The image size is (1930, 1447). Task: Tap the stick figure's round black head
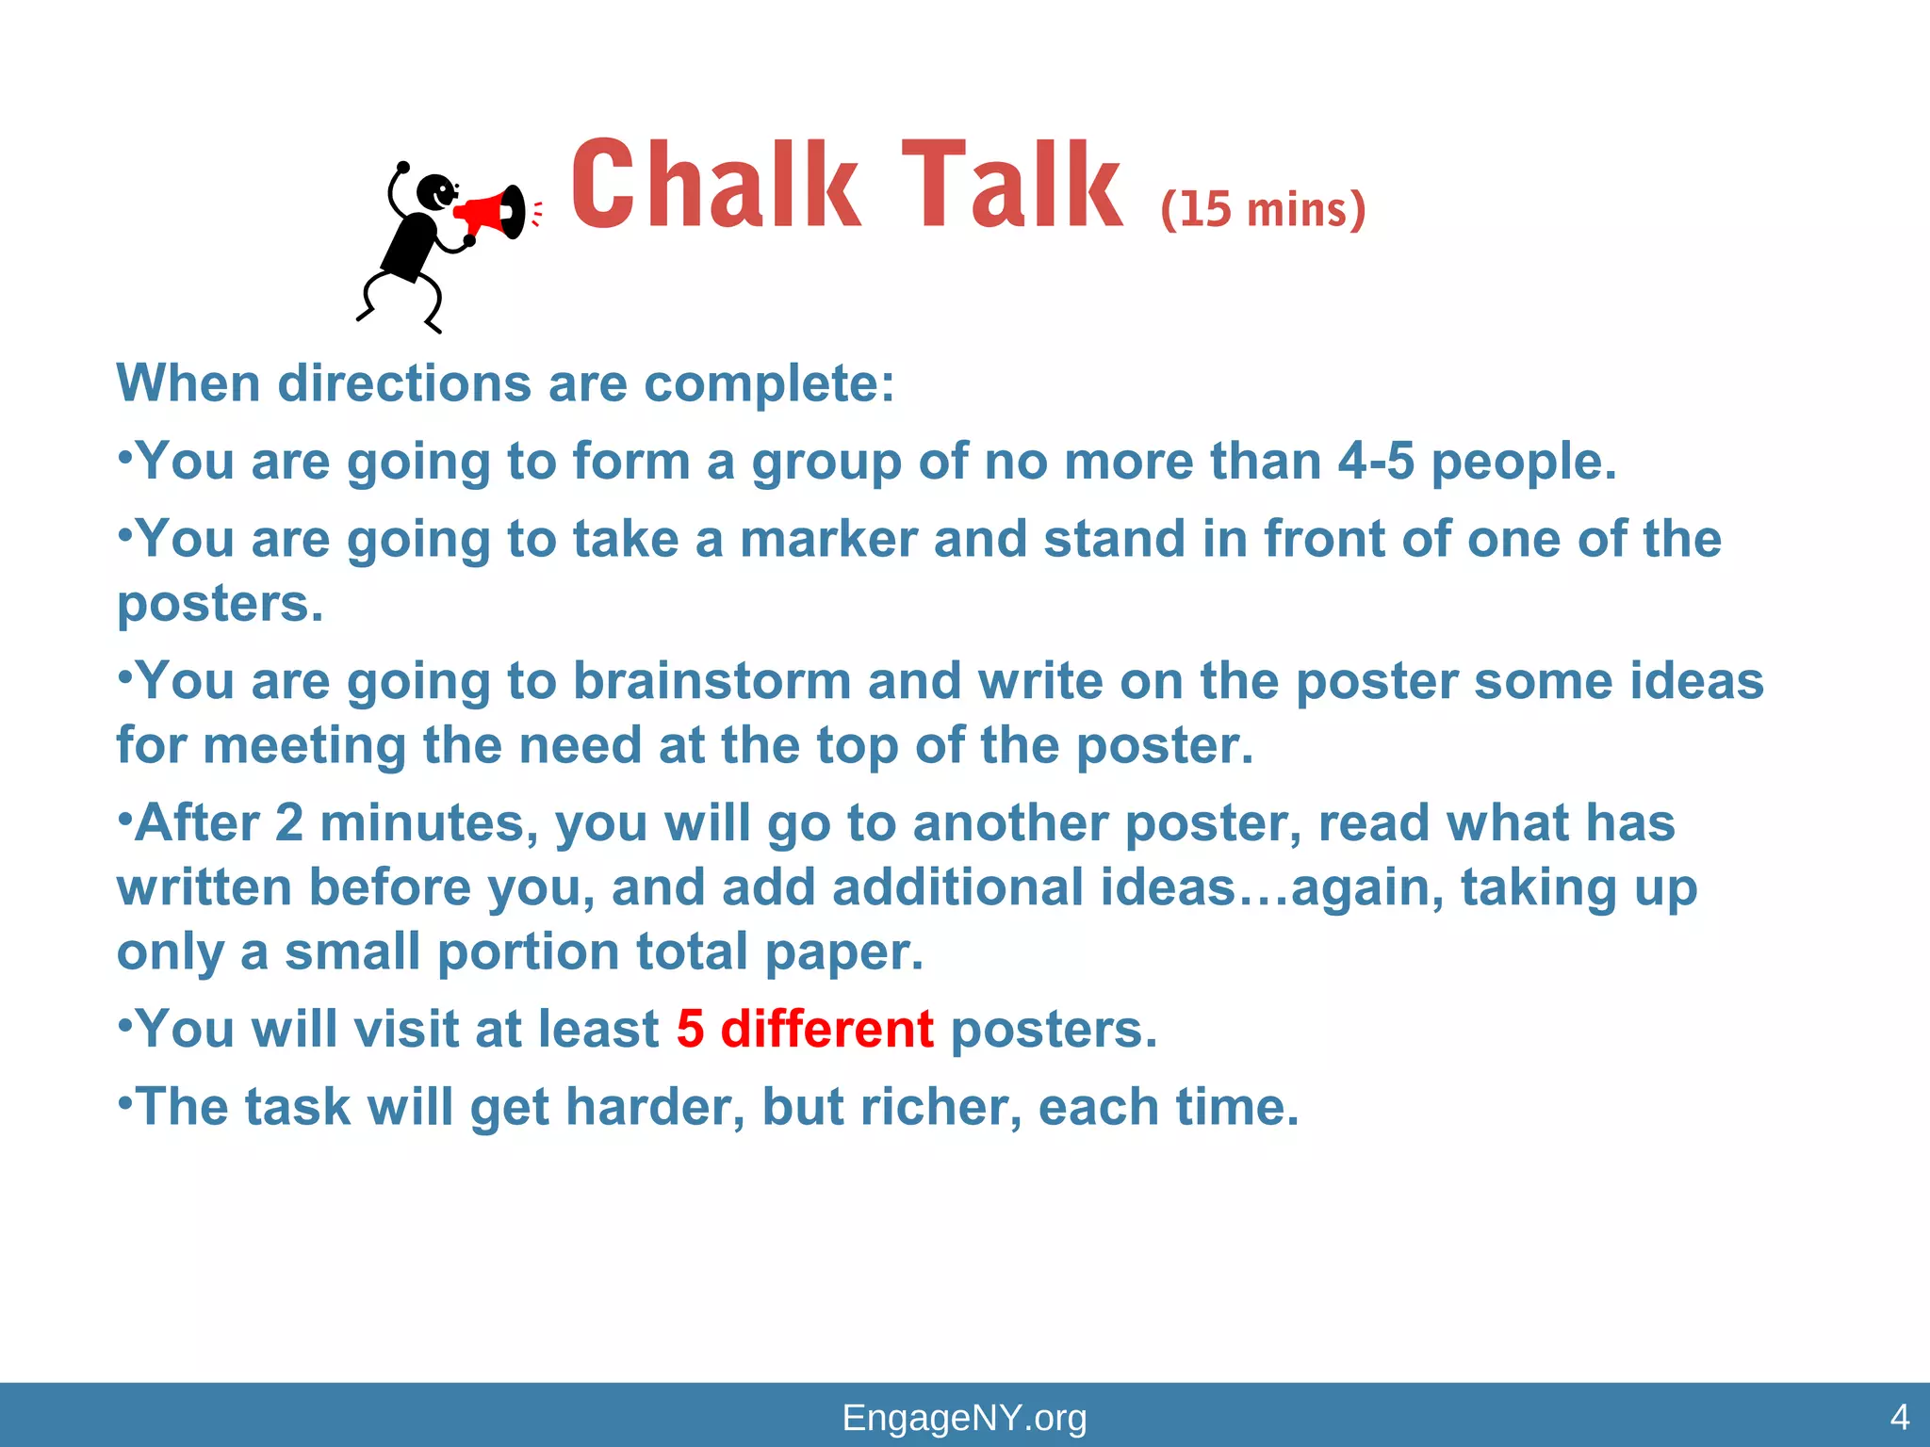pyautogui.click(x=435, y=192)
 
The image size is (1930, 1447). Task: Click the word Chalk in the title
pyautogui.click(x=715, y=185)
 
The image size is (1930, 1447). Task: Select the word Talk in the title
pyautogui.click(x=1012, y=185)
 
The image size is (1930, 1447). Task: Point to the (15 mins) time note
pyautogui.click(x=1263, y=209)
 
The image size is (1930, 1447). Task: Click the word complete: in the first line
pyautogui.click(x=769, y=384)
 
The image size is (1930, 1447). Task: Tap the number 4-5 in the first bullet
pyautogui.click(x=1376, y=462)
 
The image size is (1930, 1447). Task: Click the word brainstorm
pyautogui.click(x=712, y=681)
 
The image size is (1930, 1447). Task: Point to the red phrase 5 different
pyautogui.click(x=805, y=1029)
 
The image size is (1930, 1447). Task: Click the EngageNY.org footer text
pyautogui.click(x=964, y=1418)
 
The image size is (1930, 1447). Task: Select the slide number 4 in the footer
pyautogui.click(x=1900, y=1417)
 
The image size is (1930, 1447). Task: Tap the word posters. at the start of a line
pyautogui.click(x=220, y=604)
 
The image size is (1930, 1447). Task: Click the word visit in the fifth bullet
pyautogui.click(x=401, y=1029)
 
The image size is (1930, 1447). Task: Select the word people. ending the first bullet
pyautogui.click(x=1524, y=462)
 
